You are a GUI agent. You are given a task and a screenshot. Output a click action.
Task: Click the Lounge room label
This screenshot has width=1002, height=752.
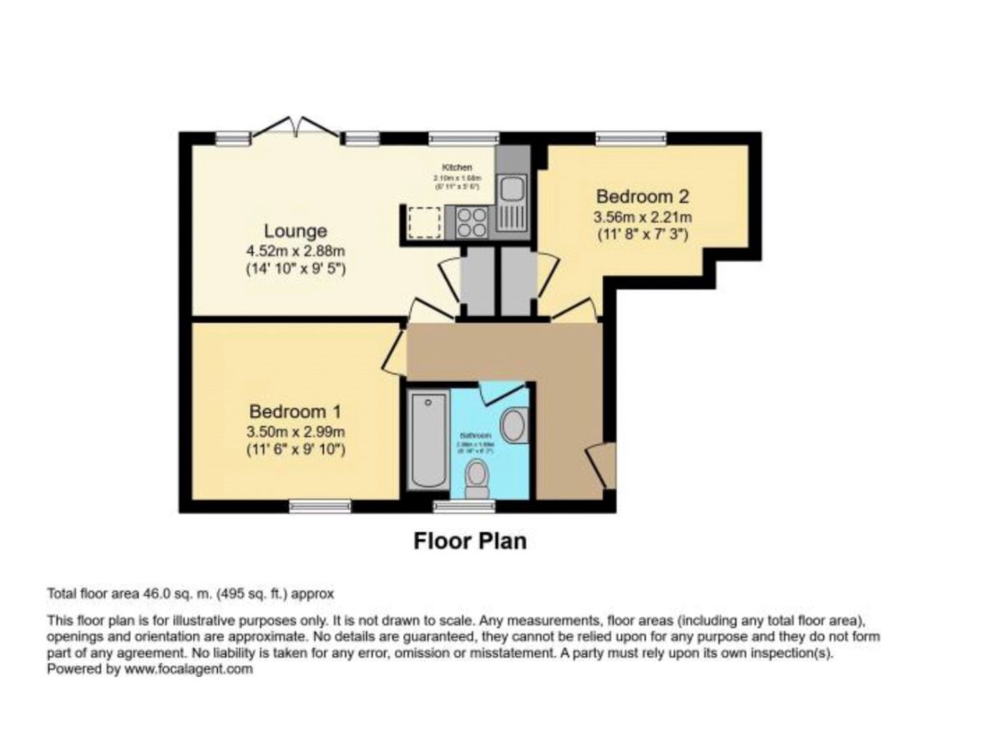[296, 231]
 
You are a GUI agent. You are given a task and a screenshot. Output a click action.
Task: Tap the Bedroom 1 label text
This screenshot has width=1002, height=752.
[296, 412]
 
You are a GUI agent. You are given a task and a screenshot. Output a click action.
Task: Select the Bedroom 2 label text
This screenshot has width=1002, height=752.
[642, 197]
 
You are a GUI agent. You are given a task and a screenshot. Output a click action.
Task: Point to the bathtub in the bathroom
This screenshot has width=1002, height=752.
[428, 443]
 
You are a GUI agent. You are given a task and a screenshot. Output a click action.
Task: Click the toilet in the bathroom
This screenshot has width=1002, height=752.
[477, 478]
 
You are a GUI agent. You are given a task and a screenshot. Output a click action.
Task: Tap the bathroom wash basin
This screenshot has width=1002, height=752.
[515, 424]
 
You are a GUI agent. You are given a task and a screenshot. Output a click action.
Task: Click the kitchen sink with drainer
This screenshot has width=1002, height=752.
[511, 201]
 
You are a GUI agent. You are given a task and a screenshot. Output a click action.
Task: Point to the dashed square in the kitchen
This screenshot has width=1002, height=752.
[424, 221]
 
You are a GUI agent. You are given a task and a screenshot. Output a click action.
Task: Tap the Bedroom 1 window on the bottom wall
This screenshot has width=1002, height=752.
[320, 506]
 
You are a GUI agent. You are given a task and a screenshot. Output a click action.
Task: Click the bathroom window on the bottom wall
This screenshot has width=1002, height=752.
[463, 506]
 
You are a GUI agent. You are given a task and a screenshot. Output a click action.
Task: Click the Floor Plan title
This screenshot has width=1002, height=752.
[470, 541]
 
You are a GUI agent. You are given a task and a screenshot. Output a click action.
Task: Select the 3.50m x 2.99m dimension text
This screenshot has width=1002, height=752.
[296, 432]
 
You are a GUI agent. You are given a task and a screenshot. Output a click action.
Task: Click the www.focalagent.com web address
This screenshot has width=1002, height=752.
[189, 669]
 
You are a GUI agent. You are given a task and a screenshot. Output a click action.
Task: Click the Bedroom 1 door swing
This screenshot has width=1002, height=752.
[393, 354]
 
